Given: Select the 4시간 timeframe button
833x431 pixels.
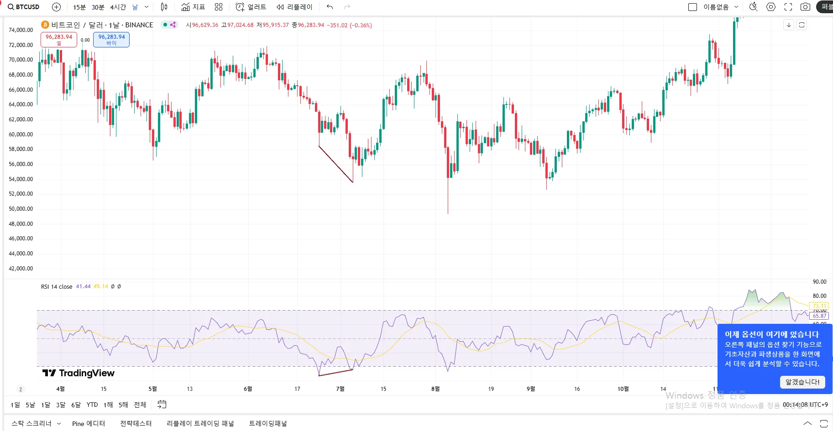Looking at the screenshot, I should [118, 7].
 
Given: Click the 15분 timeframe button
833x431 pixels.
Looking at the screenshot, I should [79, 7].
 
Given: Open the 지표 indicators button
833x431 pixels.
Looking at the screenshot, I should [193, 7].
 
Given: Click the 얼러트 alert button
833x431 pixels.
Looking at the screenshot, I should [251, 7].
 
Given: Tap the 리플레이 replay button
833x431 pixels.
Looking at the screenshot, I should [294, 7].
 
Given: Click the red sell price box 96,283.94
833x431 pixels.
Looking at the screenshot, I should [59, 39].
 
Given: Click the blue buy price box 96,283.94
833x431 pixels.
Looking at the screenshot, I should [111, 39].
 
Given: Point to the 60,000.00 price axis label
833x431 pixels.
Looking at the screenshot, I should [21, 135].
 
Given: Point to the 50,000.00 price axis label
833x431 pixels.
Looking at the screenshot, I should [21, 209].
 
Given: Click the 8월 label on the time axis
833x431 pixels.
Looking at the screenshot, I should [435, 389].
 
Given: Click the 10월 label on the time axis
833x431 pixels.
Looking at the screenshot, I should [623, 389].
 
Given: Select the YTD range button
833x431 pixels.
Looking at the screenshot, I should [92, 405].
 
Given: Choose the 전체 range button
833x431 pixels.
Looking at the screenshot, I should [140, 405].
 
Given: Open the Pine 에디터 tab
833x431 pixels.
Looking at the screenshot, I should [89, 424].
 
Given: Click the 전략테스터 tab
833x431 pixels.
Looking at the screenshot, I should [136, 424].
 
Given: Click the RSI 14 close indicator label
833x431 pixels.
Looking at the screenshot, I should [57, 287].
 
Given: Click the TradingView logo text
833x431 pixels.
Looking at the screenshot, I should [79, 373].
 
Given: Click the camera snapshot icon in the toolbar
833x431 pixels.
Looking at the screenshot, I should [806, 7].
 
